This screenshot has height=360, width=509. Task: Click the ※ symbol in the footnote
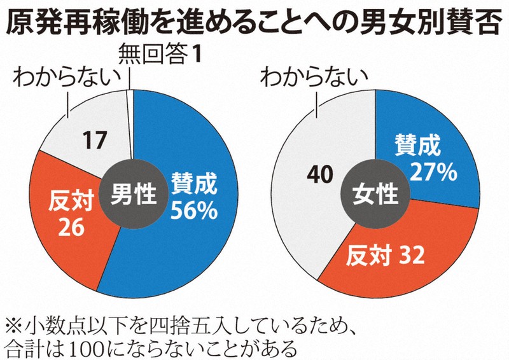click(x=15, y=328)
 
